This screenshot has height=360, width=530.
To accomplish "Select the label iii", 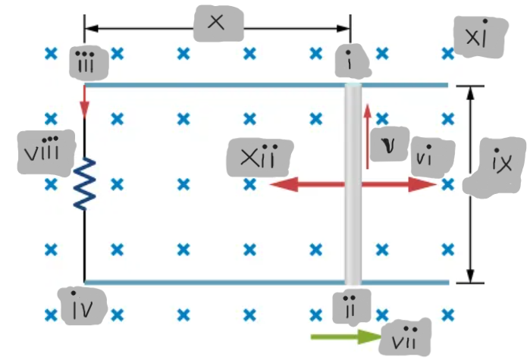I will point(89,64).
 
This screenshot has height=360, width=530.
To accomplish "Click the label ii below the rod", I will point(351,305).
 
